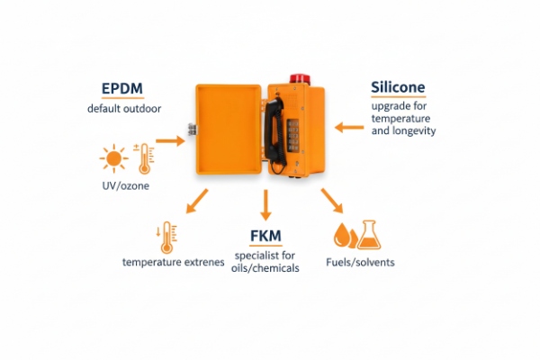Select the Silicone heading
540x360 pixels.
click(x=398, y=87)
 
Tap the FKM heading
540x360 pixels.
click(x=265, y=237)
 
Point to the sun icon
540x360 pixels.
click(x=112, y=159)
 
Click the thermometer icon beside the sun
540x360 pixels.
click(x=142, y=157)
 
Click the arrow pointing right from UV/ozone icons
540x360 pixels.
click(x=168, y=140)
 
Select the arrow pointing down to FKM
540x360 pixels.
click(x=265, y=206)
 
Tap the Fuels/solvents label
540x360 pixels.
click(x=360, y=263)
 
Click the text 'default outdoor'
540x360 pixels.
click(x=122, y=109)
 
